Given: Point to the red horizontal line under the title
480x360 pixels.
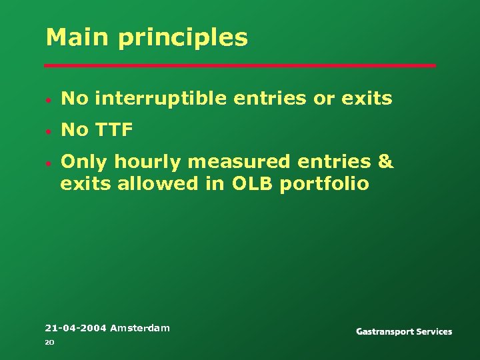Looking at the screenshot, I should click(x=240, y=65).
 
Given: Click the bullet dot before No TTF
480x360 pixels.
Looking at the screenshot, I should click(x=49, y=131).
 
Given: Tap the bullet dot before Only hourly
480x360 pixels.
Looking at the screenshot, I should click(x=49, y=163).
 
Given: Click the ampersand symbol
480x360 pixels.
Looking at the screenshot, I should click(x=385, y=162).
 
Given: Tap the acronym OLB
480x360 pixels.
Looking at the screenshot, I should click(x=253, y=183).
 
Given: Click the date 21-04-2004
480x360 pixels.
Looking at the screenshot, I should click(x=75, y=327).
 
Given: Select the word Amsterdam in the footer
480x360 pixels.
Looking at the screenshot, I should click(x=139, y=327).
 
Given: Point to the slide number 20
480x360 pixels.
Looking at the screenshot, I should click(x=49, y=343).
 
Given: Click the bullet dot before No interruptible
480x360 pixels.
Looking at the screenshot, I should click(x=49, y=100).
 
